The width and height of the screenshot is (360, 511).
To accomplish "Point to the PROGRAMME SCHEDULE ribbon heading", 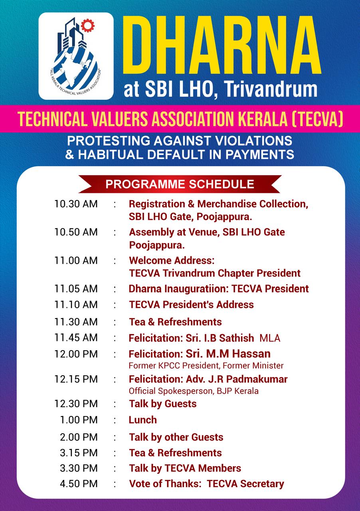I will pos(180,184).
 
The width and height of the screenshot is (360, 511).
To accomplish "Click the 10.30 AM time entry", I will pos(76,204).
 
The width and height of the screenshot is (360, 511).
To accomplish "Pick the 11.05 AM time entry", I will pos(76,289).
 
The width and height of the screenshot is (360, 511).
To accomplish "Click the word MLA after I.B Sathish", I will pos(270,339).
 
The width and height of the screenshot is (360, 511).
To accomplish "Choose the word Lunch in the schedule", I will pos(142,420).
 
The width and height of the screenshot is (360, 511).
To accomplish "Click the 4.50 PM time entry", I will pos(79,484).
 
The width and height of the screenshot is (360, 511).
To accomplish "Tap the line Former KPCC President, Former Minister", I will pos(206,365).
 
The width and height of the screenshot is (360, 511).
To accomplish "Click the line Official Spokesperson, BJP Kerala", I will pos(193,391).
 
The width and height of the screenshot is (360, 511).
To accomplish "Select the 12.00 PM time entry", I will pos(76,354).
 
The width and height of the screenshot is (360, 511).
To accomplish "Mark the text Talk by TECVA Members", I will pos(185,468).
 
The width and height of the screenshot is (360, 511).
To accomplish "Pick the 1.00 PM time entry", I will pos(79,420).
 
